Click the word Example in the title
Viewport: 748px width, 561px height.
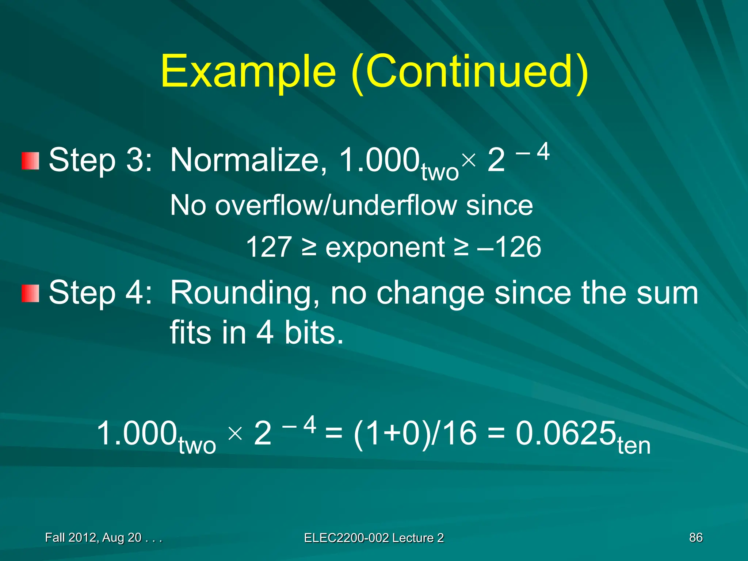coord(248,72)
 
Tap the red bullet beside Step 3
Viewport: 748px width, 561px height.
coord(30,161)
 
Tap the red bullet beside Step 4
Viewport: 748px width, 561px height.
coord(30,294)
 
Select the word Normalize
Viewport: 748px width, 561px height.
coord(248,160)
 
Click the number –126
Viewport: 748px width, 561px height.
coord(509,247)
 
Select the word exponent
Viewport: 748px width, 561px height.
coord(385,248)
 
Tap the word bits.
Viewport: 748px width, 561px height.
coord(314,333)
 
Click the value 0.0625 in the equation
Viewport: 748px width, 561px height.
coord(565,434)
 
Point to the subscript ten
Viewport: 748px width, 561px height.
coord(634,446)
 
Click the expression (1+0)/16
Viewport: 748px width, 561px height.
coord(415,434)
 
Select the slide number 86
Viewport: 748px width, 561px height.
coord(695,538)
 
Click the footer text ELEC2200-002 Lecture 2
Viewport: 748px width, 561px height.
coord(374,538)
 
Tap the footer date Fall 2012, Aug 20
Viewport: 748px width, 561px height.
coord(93,538)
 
